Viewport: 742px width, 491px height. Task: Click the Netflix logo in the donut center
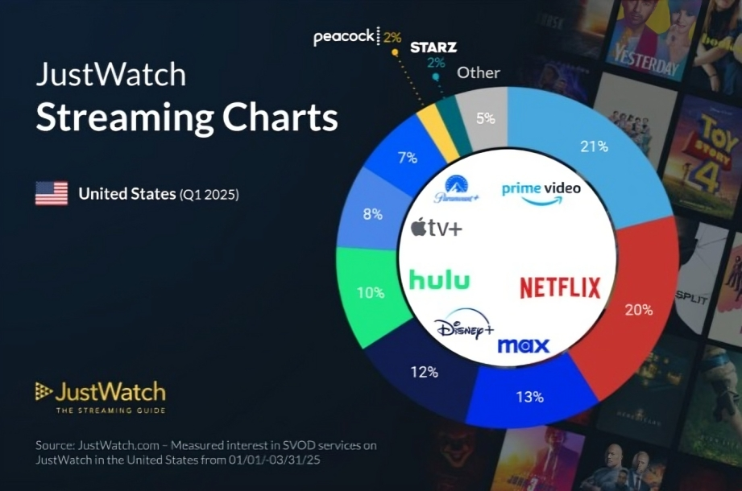[x=561, y=287]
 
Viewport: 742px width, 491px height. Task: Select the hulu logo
[x=439, y=279]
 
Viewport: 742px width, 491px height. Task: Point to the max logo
[x=523, y=345]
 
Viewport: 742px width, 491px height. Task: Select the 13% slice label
[x=529, y=397]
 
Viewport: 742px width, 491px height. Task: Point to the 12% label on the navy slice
[x=423, y=372]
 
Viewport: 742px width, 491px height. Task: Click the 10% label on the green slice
[x=370, y=293]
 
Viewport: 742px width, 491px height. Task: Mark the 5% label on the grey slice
[x=485, y=119]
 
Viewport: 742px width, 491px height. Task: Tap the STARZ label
[x=433, y=47]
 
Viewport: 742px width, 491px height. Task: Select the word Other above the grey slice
[x=479, y=72]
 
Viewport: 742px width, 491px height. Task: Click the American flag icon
[x=52, y=193]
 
